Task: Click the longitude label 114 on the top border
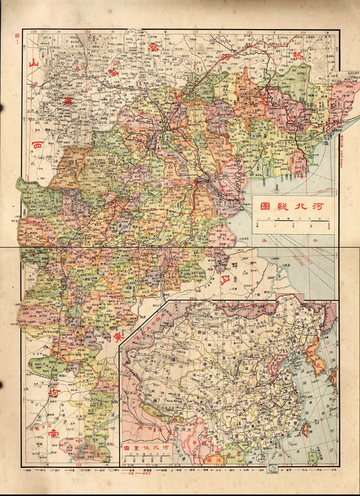(33, 32)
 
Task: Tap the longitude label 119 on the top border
(303, 32)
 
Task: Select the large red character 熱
(297, 55)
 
